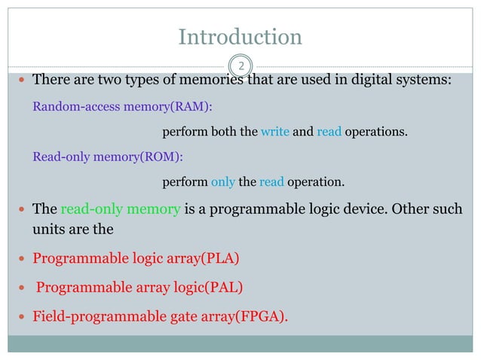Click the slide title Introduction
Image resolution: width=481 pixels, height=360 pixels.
pyautogui.click(x=240, y=36)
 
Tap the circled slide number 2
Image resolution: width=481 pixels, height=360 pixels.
pyautogui.click(x=240, y=66)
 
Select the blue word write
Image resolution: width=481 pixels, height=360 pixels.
pyautogui.click(x=274, y=133)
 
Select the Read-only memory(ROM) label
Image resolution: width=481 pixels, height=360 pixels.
pyautogui.click(x=108, y=157)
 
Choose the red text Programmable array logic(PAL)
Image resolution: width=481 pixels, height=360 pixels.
pyautogui.click(x=138, y=287)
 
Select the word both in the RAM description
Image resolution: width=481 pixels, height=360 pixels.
pyautogui.click(x=222, y=133)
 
